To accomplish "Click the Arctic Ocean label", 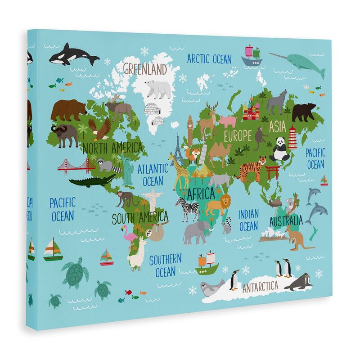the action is pos(209,58).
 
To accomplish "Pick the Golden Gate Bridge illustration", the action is pos(75,166).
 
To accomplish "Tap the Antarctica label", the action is pos(260,286).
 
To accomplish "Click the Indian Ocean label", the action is pos(248,220).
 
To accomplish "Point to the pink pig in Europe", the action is pos(228,121).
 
